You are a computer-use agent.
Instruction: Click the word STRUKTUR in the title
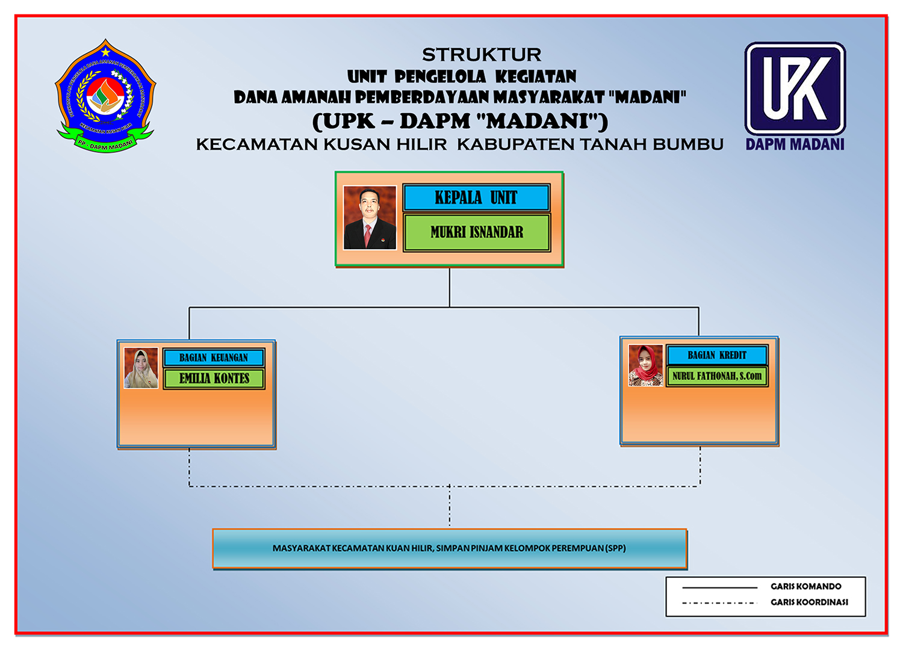pyautogui.click(x=482, y=55)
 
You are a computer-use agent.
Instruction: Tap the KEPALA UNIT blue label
pyautogui.click(x=476, y=197)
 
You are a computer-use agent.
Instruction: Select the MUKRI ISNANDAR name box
pyautogui.click(x=476, y=232)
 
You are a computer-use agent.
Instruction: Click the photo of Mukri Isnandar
pyautogui.click(x=370, y=217)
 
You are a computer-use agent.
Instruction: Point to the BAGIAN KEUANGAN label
pyautogui.click(x=214, y=357)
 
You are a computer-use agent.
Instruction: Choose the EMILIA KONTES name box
pyautogui.click(x=214, y=379)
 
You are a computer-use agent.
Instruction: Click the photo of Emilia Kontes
pyautogui.click(x=141, y=368)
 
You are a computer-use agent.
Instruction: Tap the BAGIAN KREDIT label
pyautogui.click(x=717, y=355)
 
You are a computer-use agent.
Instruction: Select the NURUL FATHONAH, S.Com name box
pyautogui.click(x=717, y=376)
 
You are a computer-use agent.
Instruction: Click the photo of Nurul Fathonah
pyautogui.click(x=645, y=365)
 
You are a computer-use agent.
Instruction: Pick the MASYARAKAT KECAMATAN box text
pyautogui.click(x=449, y=548)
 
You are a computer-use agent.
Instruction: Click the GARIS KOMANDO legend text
pyautogui.click(x=805, y=586)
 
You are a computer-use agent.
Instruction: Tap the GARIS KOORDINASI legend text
pyautogui.click(x=809, y=602)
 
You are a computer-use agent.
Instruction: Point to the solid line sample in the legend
pyautogui.click(x=719, y=587)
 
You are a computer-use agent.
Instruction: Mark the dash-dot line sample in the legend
pyautogui.click(x=719, y=602)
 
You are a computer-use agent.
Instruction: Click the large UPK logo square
pyautogui.click(x=795, y=88)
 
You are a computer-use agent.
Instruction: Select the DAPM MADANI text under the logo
pyautogui.click(x=795, y=144)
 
